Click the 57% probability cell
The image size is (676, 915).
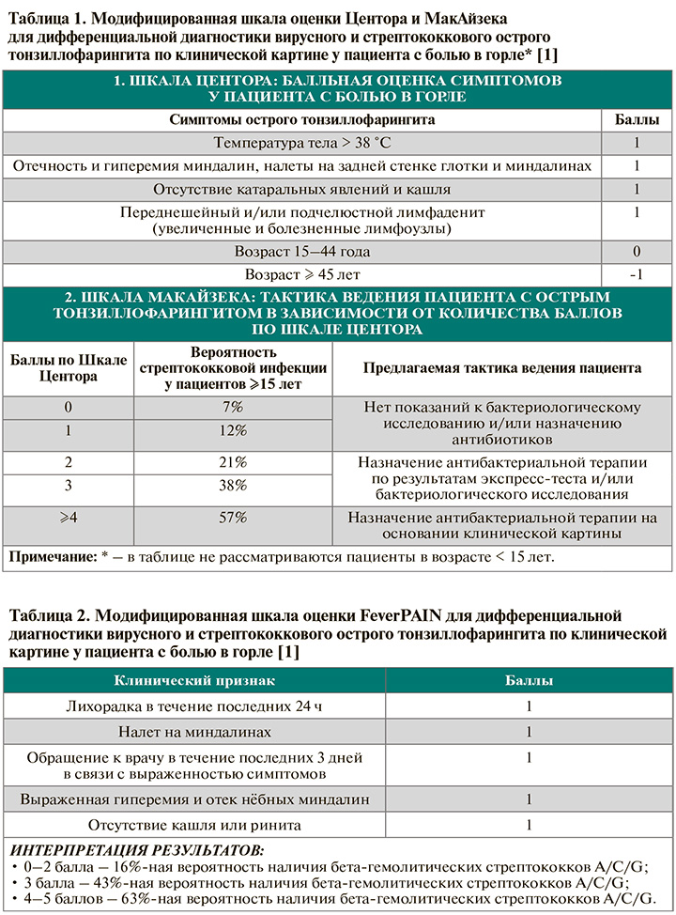pos(233,517)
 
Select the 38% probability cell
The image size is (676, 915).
pos(233,485)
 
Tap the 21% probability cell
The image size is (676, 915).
pos(233,462)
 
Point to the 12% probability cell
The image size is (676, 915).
pos(233,430)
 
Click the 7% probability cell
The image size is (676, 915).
pos(233,407)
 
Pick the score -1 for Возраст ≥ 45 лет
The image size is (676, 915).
pos(636,274)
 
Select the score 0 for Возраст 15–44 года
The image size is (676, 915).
pos(636,252)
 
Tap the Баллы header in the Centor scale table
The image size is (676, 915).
pos(636,120)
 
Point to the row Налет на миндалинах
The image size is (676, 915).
pos(194,731)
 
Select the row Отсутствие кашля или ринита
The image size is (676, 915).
pos(194,825)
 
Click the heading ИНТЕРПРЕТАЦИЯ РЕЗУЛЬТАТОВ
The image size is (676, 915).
pos(136,851)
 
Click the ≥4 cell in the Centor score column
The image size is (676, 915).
pos(67,517)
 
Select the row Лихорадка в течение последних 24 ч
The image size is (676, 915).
pos(194,705)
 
